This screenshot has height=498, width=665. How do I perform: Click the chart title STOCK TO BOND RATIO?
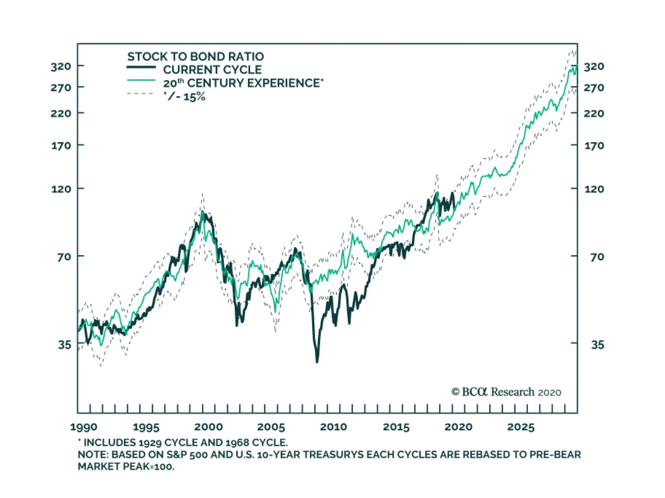pyautogui.click(x=195, y=57)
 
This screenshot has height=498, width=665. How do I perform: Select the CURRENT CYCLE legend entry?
pyautogui.click(x=212, y=70)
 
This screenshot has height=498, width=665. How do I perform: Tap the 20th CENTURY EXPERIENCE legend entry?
pyautogui.click(x=243, y=83)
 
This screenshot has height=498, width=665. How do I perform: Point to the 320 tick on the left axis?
pyautogui.click(x=61, y=66)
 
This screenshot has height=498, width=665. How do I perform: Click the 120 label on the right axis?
pyautogui.click(x=594, y=189)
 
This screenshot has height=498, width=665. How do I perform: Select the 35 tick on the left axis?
pyautogui.click(x=64, y=345)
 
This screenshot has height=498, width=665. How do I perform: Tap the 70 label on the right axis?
pyautogui.click(x=597, y=257)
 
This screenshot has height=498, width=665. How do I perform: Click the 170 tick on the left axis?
pyautogui.click(x=61, y=146)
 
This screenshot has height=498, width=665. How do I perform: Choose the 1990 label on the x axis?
pyautogui.click(x=84, y=427)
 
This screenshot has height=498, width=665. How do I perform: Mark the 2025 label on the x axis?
pyautogui.click(x=521, y=427)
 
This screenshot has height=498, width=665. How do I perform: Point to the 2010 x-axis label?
pyautogui.click(x=333, y=427)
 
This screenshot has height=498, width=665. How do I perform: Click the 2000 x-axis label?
pyautogui.click(x=209, y=427)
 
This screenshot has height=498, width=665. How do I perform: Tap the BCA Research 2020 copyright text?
pyautogui.click(x=506, y=392)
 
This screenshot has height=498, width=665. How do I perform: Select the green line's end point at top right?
pyautogui.click(x=576, y=66)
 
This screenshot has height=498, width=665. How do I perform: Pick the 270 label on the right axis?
pyautogui.click(x=594, y=88)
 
